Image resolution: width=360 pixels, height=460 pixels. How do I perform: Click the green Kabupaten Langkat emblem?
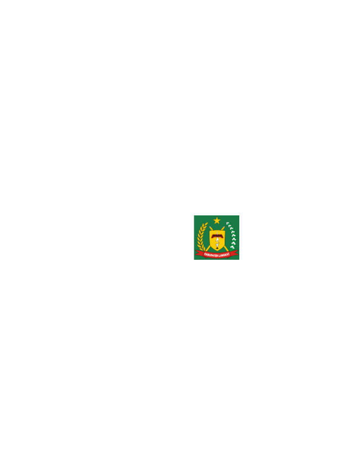pos(217,237)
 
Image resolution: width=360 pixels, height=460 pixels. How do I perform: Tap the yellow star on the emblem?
pos(217,220)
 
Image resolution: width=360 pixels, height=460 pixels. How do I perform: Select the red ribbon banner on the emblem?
pos(217,253)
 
